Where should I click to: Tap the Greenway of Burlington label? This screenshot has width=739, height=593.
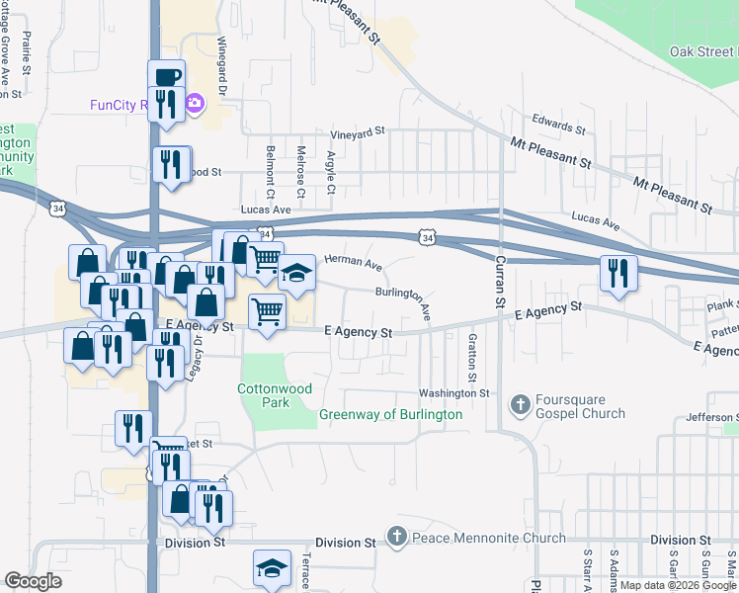tap(390, 415)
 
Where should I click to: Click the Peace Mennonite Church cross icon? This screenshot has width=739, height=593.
tap(396, 538)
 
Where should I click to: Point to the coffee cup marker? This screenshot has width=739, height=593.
tap(167, 76)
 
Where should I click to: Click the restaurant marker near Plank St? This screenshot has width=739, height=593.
tap(618, 272)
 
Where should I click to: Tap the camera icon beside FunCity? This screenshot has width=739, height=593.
tap(196, 102)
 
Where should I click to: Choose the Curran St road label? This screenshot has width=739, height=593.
tap(500, 280)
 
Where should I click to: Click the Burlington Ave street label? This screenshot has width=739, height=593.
tap(404, 300)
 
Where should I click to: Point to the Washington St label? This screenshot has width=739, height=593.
tap(454, 393)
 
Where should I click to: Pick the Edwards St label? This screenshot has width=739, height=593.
tap(559, 126)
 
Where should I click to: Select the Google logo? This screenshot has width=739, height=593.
tap(33, 581)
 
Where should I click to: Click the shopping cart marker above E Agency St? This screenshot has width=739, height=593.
tap(267, 310)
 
